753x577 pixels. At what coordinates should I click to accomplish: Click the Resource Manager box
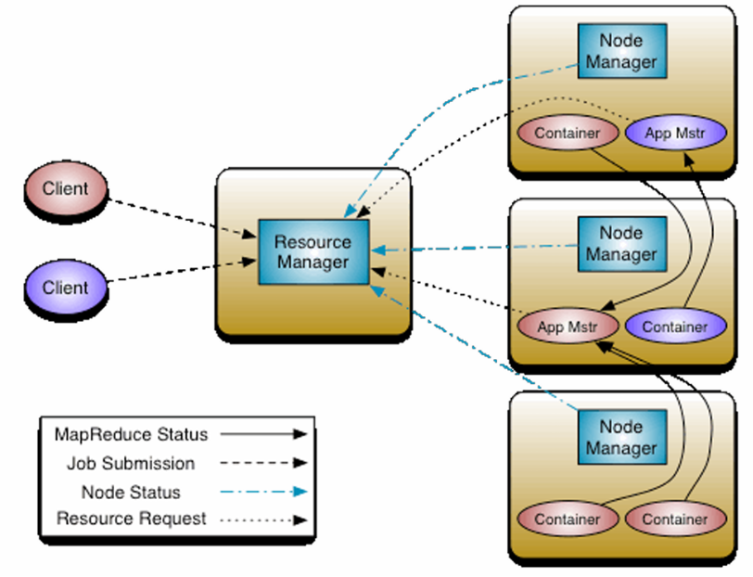point(313,251)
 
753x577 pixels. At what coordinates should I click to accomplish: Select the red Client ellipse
point(65,189)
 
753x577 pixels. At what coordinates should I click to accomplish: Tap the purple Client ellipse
point(65,288)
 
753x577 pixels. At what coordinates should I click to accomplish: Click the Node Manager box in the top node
point(620,52)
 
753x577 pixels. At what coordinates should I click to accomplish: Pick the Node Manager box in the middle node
point(620,244)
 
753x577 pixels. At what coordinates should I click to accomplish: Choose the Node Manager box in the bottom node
point(620,437)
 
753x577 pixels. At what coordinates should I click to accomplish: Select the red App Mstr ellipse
point(566,327)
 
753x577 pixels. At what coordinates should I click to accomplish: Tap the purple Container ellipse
point(674,327)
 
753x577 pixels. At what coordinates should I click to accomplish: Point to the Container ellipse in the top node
point(567,133)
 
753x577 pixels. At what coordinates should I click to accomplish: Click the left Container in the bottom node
point(567,519)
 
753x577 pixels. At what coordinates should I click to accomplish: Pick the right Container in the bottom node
point(674,519)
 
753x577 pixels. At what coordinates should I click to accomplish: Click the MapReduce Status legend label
point(131,434)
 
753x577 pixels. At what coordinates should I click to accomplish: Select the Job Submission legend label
point(131,463)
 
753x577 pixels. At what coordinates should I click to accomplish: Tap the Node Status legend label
point(131,493)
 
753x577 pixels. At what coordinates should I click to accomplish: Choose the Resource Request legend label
point(131,519)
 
